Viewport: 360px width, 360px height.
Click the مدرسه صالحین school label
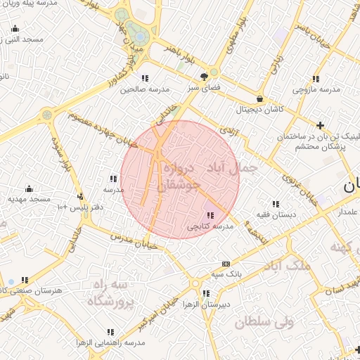(x=146, y=89)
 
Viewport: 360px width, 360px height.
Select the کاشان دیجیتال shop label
(x=260, y=110)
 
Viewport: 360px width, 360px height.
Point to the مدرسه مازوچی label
(x=316, y=90)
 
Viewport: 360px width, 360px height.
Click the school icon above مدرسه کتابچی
(x=210, y=215)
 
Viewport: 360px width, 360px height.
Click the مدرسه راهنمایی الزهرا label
(x=111, y=342)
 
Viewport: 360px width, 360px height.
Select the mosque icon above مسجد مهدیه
(x=29, y=188)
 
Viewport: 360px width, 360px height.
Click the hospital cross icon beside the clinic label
(x=321, y=126)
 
